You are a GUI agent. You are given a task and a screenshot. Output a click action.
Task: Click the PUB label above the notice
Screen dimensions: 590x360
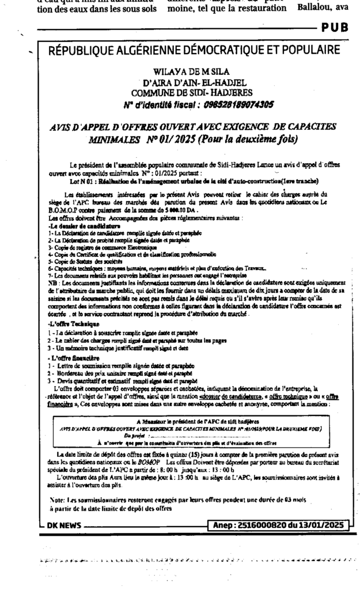tap(337, 27)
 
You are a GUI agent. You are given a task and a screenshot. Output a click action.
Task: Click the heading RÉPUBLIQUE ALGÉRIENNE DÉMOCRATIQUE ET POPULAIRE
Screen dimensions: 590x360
tap(194, 50)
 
